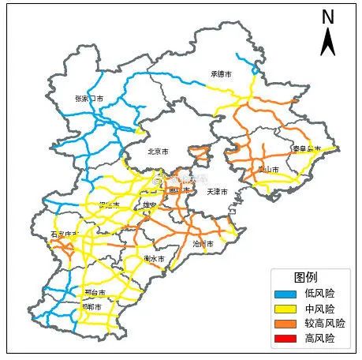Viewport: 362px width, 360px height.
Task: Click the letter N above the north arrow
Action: click(x=328, y=17)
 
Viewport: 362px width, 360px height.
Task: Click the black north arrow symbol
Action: click(x=328, y=41)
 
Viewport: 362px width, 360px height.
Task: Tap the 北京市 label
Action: click(x=158, y=152)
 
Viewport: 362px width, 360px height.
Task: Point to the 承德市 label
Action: click(x=221, y=74)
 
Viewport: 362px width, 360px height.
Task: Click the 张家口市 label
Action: click(x=89, y=99)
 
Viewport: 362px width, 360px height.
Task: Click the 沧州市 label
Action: click(x=203, y=245)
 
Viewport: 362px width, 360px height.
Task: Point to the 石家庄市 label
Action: click(x=65, y=234)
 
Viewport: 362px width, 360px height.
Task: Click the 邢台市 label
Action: click(x=95, y=292)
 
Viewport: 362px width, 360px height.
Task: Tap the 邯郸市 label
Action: click(x=93, y=306)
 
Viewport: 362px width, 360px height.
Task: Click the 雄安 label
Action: click(x=149, y=205)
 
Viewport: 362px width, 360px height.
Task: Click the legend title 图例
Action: click(x=305, y=277)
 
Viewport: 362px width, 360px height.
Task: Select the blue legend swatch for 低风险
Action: click(x=285, y=293)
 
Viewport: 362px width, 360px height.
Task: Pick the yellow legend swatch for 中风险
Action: click(x=285, y=308)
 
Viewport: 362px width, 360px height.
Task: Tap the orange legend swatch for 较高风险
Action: click(x=285, y=323)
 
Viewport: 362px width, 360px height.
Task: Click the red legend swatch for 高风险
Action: click(x=285, y=338)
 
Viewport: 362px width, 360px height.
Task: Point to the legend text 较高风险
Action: click(x=324, y=323)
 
